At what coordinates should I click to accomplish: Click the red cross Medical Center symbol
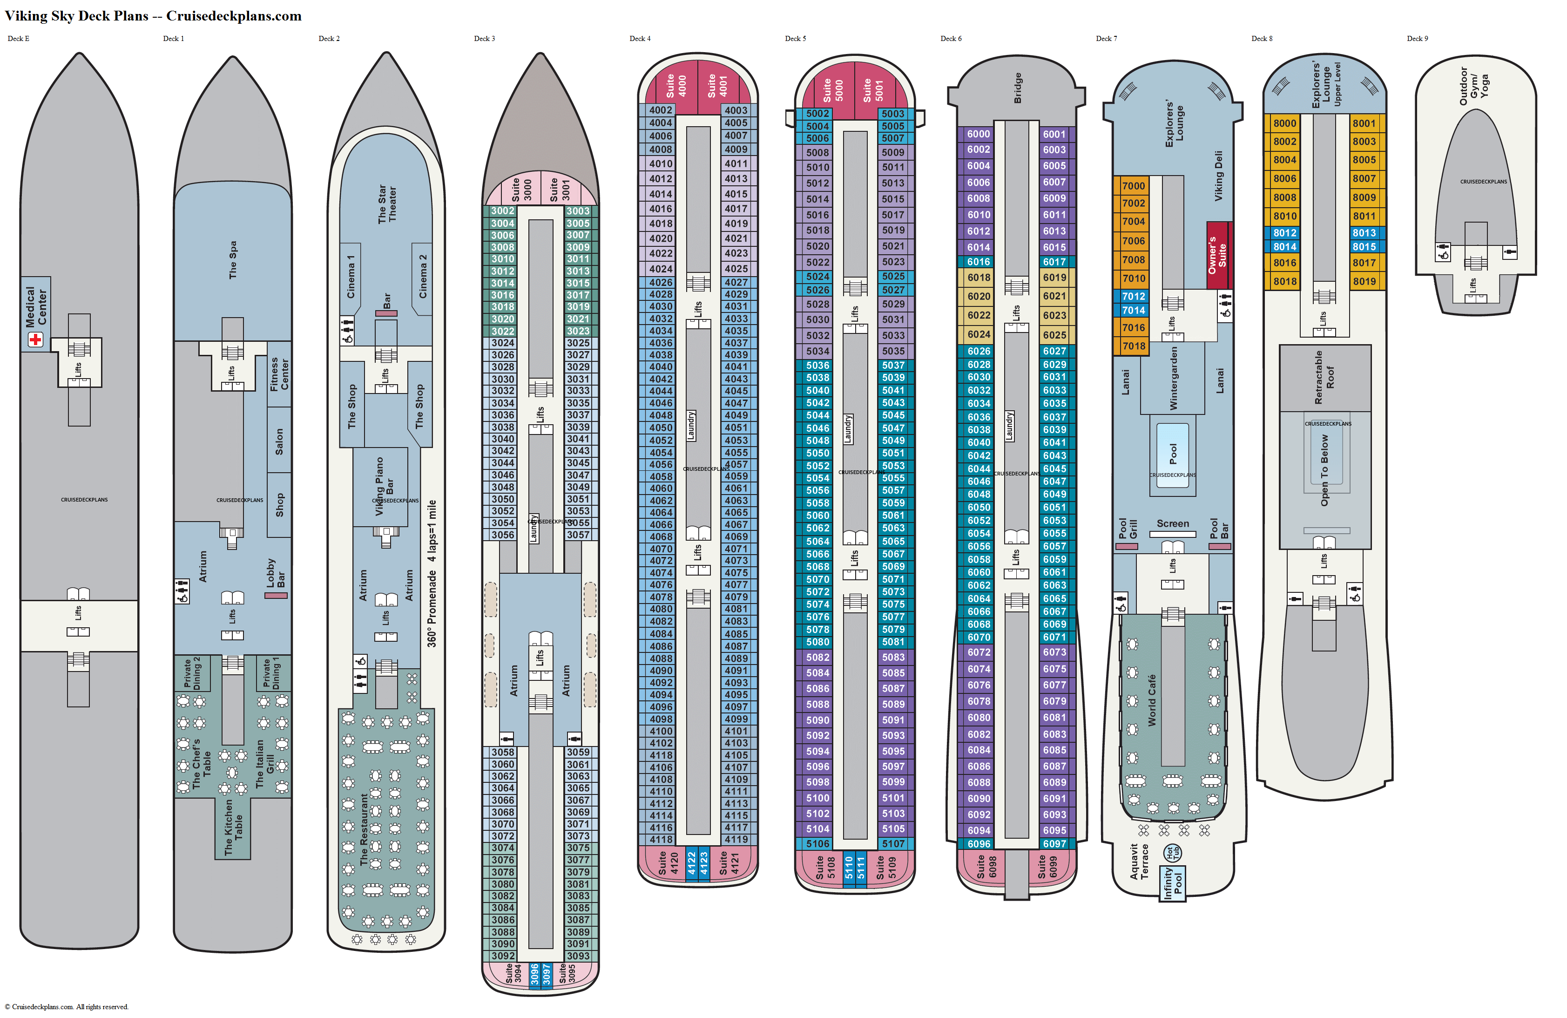[x=35, y=339]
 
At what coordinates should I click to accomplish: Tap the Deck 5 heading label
[x=795, y=39]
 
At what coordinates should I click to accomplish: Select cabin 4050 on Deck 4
[x=661, y=428]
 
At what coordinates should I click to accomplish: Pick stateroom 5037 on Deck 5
[x=893, y=365]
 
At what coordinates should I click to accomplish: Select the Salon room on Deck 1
[x=279, y=441]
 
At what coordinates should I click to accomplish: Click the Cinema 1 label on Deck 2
[x=351, y=277]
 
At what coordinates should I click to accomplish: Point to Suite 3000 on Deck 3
[x=521, y=190]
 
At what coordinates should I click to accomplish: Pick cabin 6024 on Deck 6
[x=979, y=334]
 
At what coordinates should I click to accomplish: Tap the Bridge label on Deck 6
[x=1017, y=88]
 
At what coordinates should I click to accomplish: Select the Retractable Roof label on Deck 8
[x=1324, y=377]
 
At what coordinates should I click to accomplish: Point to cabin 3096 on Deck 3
[x=534, y=974]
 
